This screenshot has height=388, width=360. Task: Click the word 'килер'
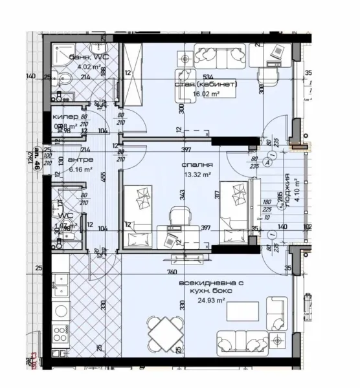(x=65, y=117)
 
